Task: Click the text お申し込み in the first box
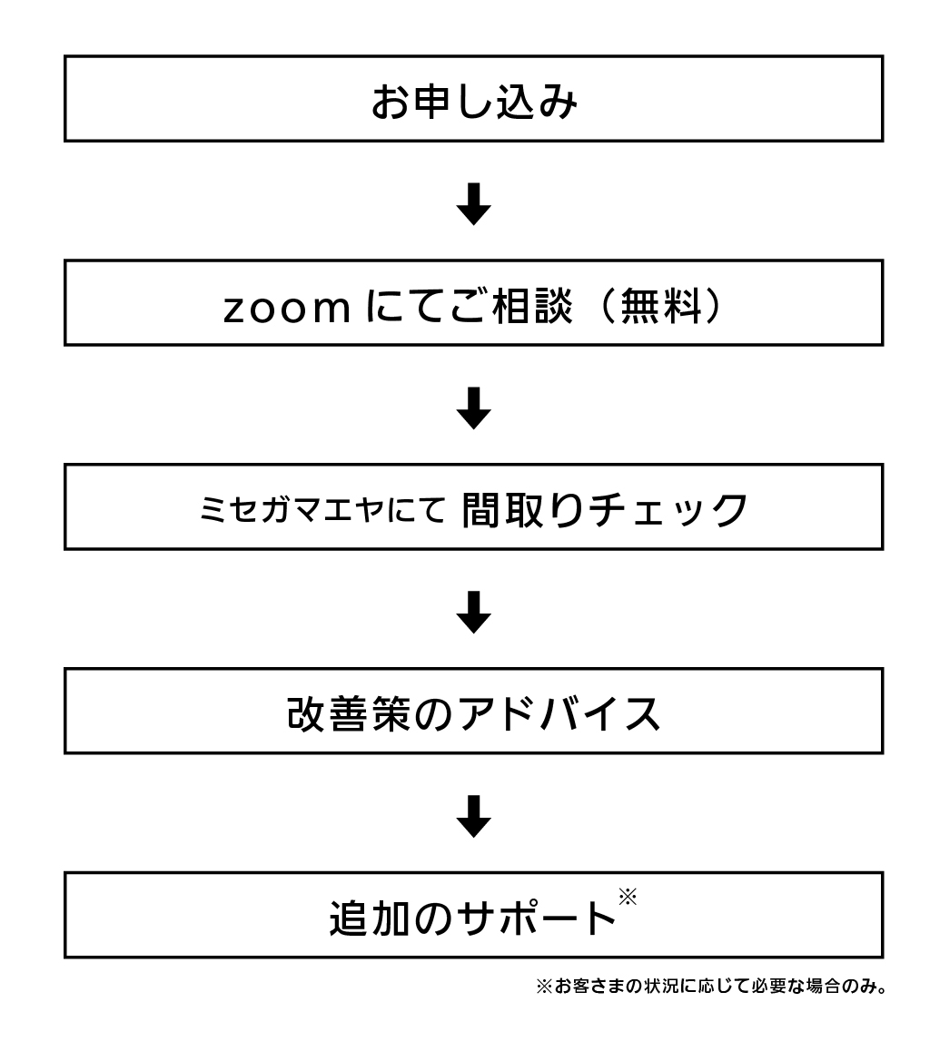(474, 103)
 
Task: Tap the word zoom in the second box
(287, 309)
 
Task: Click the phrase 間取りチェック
(604, 510)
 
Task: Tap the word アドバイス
(559, 714)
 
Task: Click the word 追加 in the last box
(370, 918)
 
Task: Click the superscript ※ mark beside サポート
(628, 897)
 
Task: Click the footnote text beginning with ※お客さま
(712, 987)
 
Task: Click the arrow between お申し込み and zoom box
(474, 204)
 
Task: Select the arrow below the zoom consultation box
(474, 408)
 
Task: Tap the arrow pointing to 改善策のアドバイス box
(474, 612)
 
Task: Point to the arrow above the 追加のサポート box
(474, 816)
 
